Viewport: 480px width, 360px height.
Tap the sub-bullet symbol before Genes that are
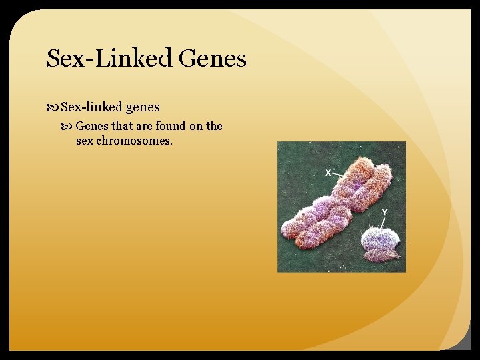pos(69,126)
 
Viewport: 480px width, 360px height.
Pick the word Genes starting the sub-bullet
pos(92,126)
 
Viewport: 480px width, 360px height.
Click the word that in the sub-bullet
pos(123,126)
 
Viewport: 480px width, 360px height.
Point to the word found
pos(171,126)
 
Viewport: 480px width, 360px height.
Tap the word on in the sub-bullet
pos(197,126)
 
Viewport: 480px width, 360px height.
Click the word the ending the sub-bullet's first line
pos(215,126)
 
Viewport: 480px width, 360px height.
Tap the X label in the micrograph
pos(328,173)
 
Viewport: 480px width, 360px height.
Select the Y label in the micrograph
pos(384,213)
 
